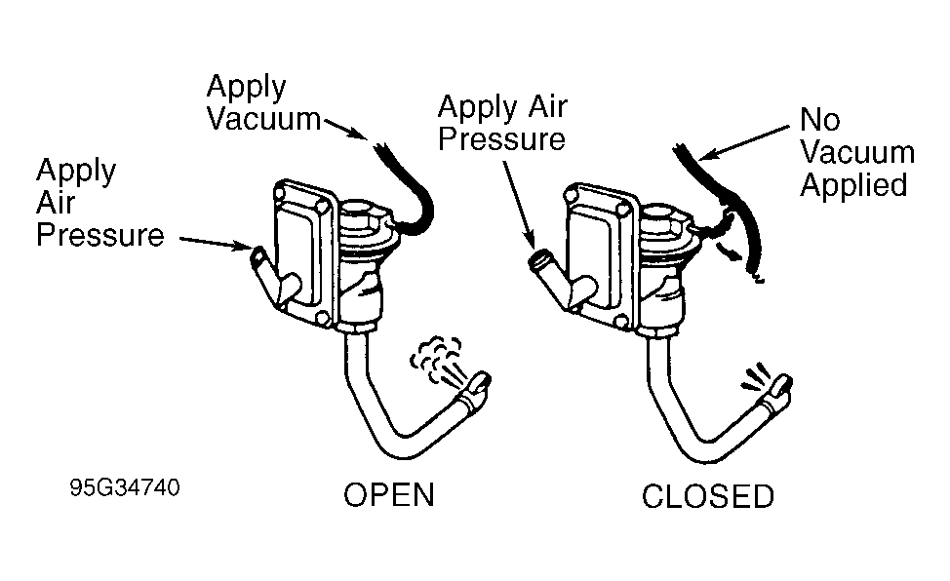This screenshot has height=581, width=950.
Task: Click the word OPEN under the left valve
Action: coord(389,495)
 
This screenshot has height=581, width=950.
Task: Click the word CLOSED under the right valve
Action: coord(708,496)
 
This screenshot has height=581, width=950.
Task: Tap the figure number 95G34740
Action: coord(125,487)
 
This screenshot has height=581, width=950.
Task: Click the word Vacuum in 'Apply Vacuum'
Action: coord(263,119)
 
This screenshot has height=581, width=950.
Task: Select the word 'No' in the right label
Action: coord(819,119)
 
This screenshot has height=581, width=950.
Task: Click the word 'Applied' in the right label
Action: coord(853,185)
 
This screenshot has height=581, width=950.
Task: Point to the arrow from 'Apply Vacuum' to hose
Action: coord(345,129)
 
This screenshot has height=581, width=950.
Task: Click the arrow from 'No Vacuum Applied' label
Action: coord(744,143)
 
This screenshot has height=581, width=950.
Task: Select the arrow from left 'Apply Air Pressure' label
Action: coord(216,243)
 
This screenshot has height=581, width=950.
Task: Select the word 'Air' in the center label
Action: coord(547,107)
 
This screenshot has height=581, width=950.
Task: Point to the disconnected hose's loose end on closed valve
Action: coord(755,276)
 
